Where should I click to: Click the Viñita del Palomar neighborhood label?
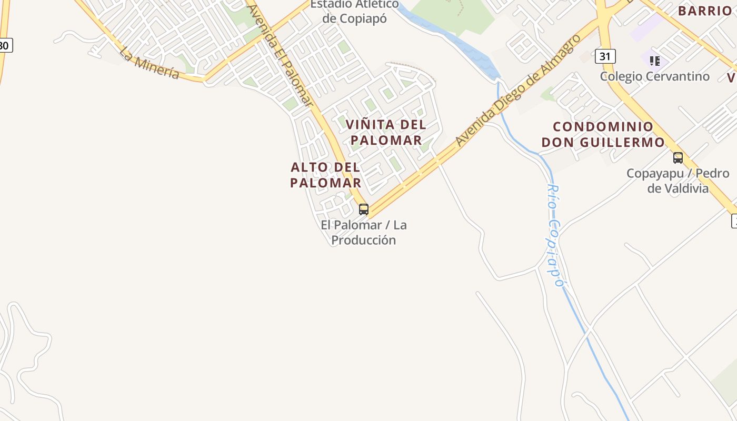click(x=386, y=132)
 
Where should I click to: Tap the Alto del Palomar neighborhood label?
click(x=325, y=175)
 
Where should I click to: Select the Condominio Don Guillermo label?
click(x=603, y=134)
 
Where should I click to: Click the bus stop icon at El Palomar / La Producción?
click(x=363, y=209)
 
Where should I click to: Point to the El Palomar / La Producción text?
click(x=363, y=232)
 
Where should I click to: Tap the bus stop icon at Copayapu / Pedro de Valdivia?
click(x=678, y=157)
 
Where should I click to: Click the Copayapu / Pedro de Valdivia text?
click(x=678, y=181)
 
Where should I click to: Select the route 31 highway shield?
click(x=605, y=56)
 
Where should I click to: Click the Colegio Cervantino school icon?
click(x=654, y=61)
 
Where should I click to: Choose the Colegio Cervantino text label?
click(x=654, y=76)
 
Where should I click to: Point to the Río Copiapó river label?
click(x=555, y=235)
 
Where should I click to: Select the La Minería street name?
click(x=149, y=63)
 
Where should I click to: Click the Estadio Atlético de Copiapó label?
click(x=354, y=11)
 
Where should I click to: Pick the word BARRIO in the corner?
click(x=704, y=11)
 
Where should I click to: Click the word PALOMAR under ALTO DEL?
click(x=325, y=183)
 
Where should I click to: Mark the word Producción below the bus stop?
click(x=363, y=240)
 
